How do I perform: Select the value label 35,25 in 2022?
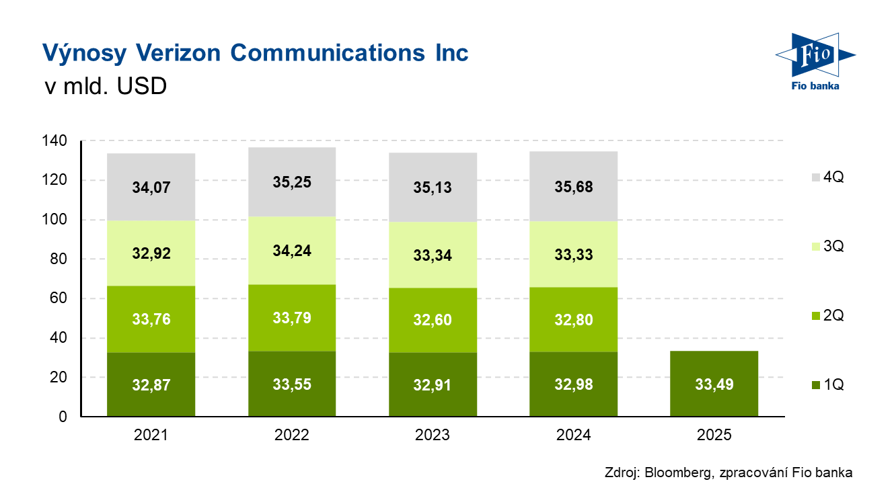(291, 182)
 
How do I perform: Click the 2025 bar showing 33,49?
(714, 384)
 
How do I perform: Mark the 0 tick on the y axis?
(63, 417)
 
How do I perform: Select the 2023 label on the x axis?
(433, 435)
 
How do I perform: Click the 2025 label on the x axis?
(714, 435)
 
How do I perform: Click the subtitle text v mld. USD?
(104, 87)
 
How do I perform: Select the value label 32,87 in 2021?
(151, 384)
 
